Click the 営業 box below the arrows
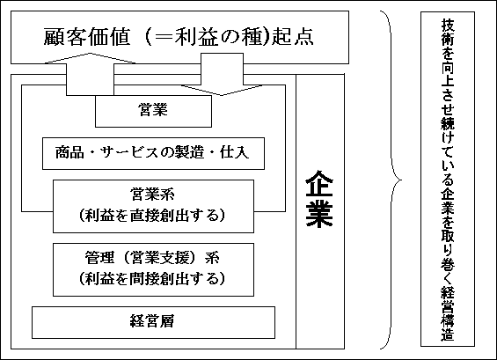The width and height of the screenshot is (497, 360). [153, 111]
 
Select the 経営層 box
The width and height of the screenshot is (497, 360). [153, 322]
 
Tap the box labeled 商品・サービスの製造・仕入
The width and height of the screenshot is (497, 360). [153, 153]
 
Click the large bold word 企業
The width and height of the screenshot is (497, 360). [319, 199]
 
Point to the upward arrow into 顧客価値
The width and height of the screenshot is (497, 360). [90, 74]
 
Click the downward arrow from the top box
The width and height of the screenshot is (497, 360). [222, 74]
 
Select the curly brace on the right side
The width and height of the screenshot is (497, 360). [391, 180]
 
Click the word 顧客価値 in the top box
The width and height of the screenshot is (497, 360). [87, 37]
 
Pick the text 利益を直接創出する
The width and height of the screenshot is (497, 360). [152, 216]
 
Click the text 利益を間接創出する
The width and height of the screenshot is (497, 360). [152, 279]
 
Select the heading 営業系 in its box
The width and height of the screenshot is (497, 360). [152, 195]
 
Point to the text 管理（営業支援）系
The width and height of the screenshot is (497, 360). [152, 258]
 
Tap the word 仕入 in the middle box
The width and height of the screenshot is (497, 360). [235, 152]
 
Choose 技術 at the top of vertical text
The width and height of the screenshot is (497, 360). [448, 33]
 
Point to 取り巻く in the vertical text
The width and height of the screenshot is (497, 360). [448, 256]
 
